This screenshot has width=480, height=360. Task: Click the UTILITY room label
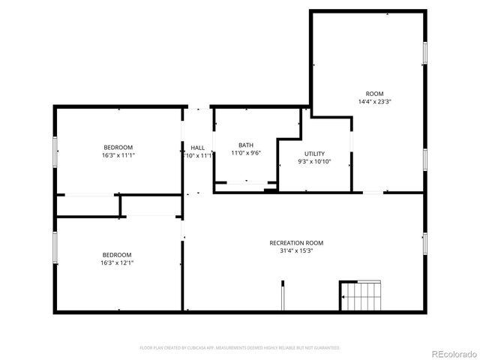[x=314, y=154]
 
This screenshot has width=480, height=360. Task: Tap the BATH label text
[x=246, y=145]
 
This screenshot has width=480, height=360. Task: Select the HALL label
[x=198, y=148]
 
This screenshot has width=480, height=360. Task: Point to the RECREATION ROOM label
[x=296, y=243]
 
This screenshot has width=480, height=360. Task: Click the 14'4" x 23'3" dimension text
[x=375, y=101]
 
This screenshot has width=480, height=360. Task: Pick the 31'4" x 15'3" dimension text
[x=296, y=252]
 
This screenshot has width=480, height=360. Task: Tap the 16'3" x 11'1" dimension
[x=118, y=155]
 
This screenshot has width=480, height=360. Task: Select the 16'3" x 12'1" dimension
[x=118, y=263]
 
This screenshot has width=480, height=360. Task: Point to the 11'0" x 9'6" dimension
[x=246, y=153]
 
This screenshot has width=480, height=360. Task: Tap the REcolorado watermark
[x=452, y=353]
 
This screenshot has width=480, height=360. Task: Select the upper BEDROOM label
[x=118, y=147]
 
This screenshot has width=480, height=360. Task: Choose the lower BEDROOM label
[x=118, y=255]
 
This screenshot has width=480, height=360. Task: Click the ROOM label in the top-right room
[x=375, y=93]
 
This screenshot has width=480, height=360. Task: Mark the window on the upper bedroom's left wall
[x=55, y=151]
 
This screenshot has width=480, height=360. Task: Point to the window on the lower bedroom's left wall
[x=55, y=247]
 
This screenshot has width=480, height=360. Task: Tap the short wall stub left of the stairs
[x=282, y=294]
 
